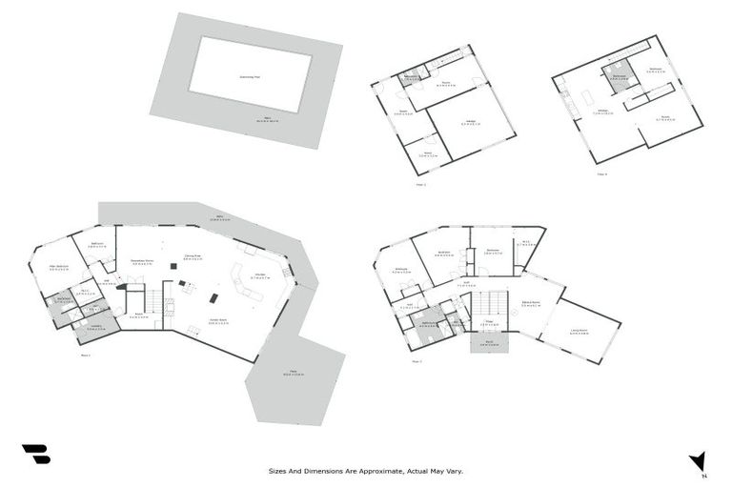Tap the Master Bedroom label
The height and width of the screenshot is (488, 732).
pyautogui.click(x=59, y=266)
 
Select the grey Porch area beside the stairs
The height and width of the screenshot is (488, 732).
pyautogui.click(x=490, y=344)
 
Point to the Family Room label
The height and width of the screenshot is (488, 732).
pyautogui.click(x=216, y=321)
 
